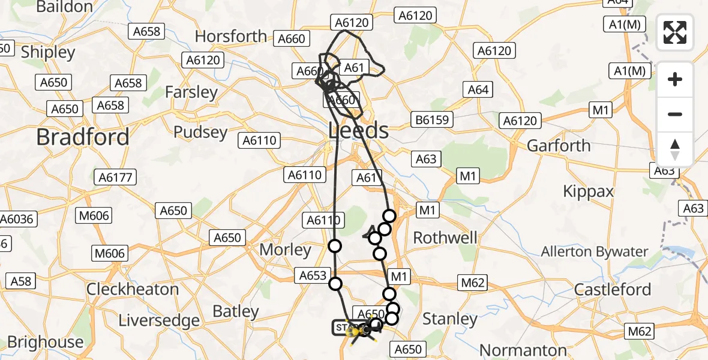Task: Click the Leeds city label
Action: (x=359, y=130)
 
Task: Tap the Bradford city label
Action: (x=83, y=137)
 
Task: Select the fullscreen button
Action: (x=675, y=32)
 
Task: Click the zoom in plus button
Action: (x=675, y=79)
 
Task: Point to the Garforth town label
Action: (x=559, y=146)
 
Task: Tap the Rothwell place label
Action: (x=446, y=238)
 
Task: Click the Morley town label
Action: (x=285, y=250)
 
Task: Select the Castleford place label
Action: (x=613, y=289)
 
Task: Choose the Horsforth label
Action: (x=231, y=36)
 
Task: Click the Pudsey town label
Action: (x=200, y=132)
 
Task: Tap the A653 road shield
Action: (x=313, y=276)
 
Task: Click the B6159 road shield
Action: (x=431, y=120)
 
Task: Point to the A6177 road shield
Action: (x=115, y=177)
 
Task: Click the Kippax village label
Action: (x=588, y=191)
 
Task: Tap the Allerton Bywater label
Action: (x=595, y=252)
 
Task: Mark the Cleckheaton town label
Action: (x=133, y=289)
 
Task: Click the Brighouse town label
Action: (x=45, y=342)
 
